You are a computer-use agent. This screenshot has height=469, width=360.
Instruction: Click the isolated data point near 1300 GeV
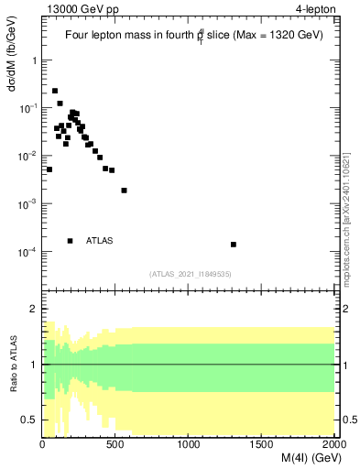tap(234, 245)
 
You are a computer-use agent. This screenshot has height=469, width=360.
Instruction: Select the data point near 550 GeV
tap(124, 191)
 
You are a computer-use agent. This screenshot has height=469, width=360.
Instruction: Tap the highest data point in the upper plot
tap(55, 91)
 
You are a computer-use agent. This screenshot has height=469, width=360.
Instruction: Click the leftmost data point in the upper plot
tap(49, 169)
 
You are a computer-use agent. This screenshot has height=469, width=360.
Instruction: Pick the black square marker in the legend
tap(71, 241)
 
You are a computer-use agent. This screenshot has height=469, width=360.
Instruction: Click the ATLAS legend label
tap(99, 241)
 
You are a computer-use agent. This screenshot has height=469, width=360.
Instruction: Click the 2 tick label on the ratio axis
tap(35, 309)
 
